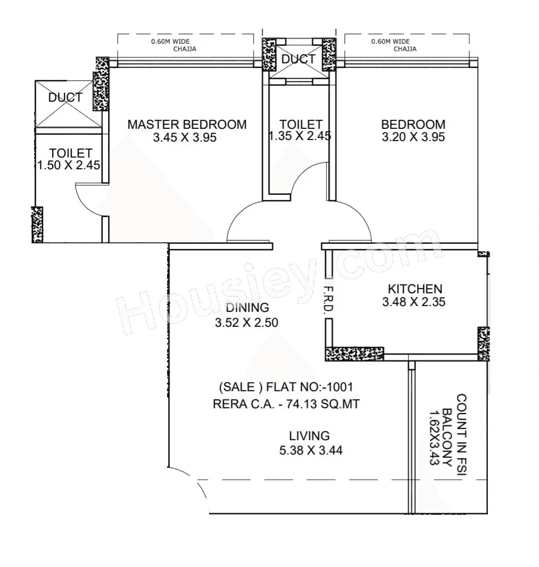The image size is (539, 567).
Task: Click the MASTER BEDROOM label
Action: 187,125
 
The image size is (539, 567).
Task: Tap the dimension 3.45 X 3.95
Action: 185,137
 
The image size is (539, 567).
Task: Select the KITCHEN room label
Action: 414,289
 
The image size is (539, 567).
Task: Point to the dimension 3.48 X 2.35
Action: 413,302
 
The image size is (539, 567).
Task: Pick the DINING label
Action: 247,308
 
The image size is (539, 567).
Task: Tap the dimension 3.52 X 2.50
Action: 246,322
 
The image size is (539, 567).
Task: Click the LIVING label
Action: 310,435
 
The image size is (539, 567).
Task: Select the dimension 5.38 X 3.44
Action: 311,450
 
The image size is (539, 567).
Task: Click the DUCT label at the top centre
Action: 298,60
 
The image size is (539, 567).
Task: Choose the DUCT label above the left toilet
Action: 65,98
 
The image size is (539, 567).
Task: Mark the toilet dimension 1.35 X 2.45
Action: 300,136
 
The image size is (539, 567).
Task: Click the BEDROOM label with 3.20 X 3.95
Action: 413,125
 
